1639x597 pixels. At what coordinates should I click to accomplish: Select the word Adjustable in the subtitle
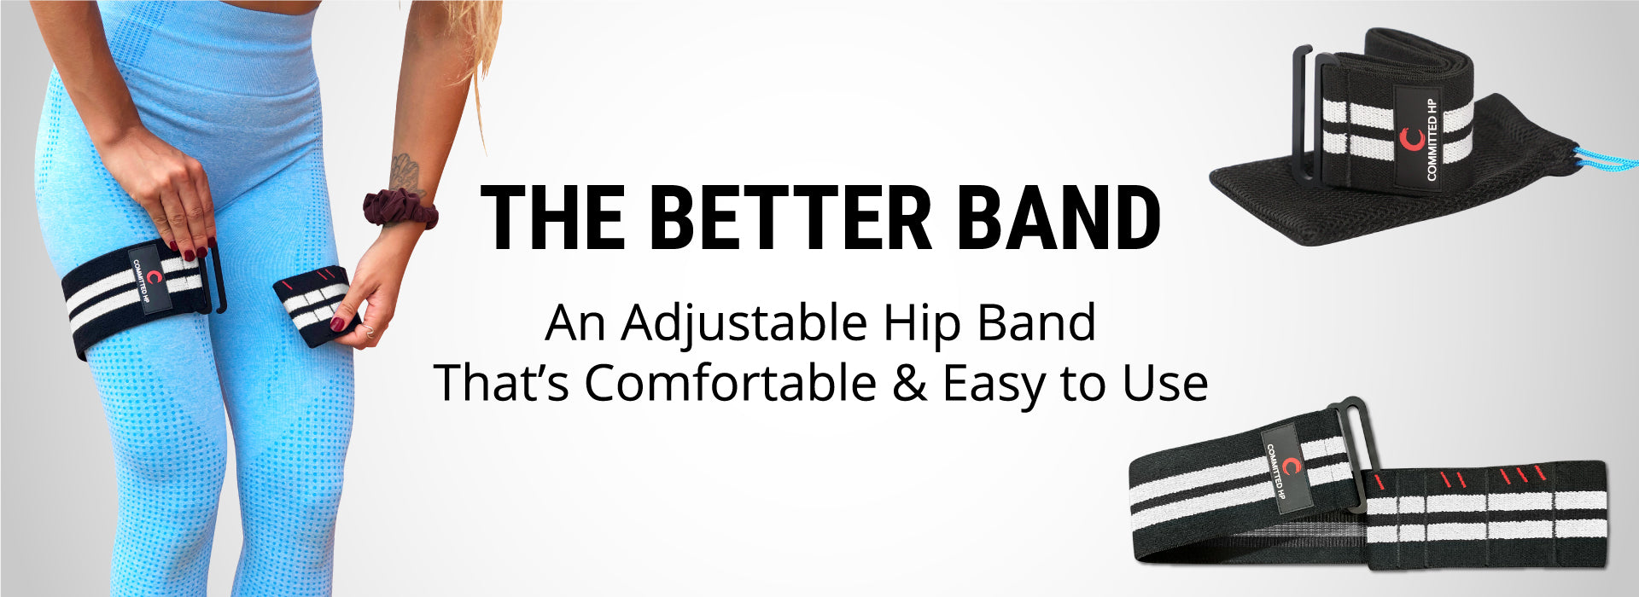(x=744, y=325)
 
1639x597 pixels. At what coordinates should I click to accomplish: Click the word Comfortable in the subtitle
(x=730, y=384)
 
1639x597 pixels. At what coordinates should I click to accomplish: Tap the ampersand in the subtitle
(x=909, y=384)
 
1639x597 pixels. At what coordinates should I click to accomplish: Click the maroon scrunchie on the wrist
(x=400, y=209)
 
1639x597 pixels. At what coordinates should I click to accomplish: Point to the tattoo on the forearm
(x=406, y=174)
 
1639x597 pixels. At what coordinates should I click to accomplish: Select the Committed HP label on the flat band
(x=1286, y=470)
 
